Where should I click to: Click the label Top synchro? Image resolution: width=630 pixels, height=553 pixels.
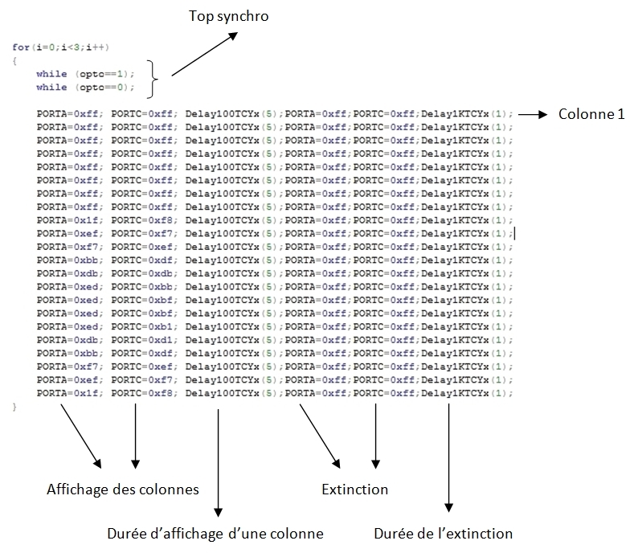[228, 16]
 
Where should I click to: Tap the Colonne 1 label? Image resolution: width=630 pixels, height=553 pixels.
[591, 114]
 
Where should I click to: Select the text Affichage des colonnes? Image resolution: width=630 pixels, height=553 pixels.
[123, 490]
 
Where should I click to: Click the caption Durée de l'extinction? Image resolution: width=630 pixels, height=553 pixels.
[444, 534]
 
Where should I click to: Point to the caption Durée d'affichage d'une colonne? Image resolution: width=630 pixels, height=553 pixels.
[215, 534]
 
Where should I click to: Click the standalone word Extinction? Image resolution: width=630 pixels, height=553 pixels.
[355, 490]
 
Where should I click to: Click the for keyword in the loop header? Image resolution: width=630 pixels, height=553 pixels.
[21, 47]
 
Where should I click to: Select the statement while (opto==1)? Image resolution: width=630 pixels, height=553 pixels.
[85, 74]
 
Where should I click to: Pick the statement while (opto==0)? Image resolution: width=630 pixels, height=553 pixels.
[85, 87]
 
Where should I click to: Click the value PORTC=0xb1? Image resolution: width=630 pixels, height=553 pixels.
[142, 326]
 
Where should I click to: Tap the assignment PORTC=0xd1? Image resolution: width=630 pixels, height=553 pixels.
[142, 340]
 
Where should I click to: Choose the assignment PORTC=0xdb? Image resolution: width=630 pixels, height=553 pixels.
[142, 273]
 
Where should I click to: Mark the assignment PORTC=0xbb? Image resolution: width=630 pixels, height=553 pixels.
[142, 286]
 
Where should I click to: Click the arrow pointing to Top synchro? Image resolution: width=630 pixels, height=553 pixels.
[204, 55]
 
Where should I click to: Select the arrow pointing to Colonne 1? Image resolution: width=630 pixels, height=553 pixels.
[533, 114]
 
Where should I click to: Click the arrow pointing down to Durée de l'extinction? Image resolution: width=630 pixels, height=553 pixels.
[448, 458]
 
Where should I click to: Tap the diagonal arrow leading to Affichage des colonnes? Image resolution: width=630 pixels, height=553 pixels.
[80, 436]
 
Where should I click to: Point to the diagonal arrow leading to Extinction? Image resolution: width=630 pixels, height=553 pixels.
[320, 436]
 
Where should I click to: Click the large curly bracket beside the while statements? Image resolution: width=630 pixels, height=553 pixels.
[152, 79]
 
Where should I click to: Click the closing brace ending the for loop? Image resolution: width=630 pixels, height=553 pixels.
[14, 407]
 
